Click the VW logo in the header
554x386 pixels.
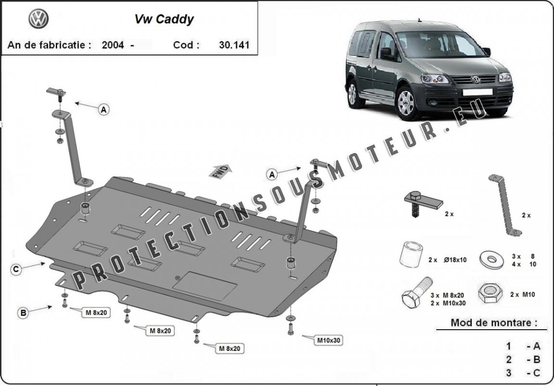click(x=38, y=19)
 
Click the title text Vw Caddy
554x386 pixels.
click(x=164, y=19)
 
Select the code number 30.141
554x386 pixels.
click(x=234, y=45)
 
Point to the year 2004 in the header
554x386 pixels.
click(x=113, y=45)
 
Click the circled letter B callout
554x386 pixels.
click(x=23, y=312)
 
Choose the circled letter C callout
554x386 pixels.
click(x=16, y=270)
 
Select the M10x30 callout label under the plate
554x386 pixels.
click(x=328, y=340)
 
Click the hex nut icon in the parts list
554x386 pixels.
click(x=491, y=293)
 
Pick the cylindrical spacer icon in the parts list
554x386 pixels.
click(x=411, y=254)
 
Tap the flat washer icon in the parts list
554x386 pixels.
click(x=491, y=259)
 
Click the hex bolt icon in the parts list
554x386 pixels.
click(x=417, y=292)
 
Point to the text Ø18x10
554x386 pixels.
click(x=455, y=260)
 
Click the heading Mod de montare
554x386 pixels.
click(x=493, y=322)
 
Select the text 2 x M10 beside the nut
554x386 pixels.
click(x=523, y=294)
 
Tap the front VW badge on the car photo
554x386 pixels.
click(x=476, y=79)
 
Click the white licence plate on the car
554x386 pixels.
click(x=478, y=92)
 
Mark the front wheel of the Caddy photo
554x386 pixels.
click(x=407, y=103)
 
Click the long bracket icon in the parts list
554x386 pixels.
click(x=505, y=206)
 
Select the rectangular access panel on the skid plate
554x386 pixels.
click(x=205, y=286)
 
